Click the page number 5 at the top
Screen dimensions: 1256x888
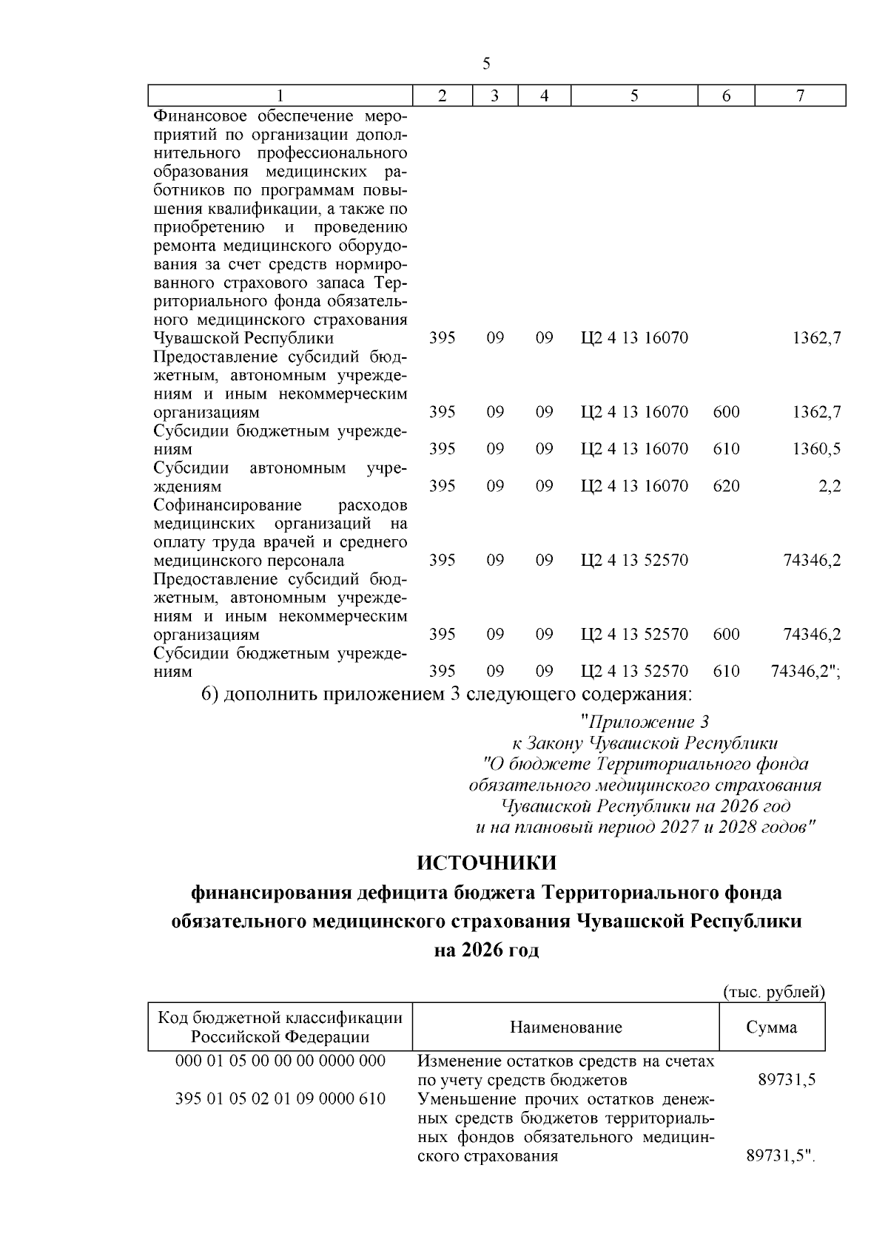[486, 64]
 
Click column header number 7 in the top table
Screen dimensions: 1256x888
[800, 96]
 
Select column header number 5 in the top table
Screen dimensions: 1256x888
[634, 96]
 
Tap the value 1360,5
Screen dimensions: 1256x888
[817, 449]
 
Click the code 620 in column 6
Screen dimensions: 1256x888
[726, 487]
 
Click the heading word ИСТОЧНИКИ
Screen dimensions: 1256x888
[486, 863]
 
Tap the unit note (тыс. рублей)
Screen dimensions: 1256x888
[773, 992]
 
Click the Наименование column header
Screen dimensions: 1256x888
[565, 1027]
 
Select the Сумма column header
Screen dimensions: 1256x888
[772, 1027]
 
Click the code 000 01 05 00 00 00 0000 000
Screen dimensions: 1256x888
[280, 1061]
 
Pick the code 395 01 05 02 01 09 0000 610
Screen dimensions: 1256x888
[280, 1098]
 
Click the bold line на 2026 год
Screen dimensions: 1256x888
[486, 951]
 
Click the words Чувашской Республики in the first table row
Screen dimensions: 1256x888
[243, 339]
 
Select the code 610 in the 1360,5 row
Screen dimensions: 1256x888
[726, 449]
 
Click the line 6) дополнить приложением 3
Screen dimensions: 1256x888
[447, 695]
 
